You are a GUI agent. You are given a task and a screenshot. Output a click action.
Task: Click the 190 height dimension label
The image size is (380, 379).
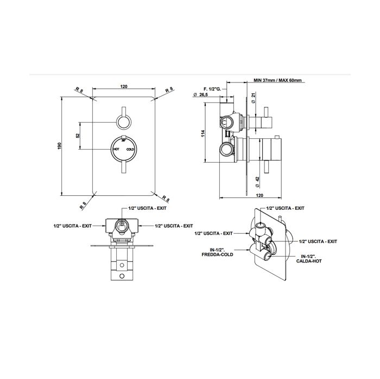click(x=59, y=146)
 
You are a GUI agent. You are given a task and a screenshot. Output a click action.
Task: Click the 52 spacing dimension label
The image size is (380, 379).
click(x=78, y=136)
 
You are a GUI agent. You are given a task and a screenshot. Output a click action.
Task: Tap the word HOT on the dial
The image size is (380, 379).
click(x=116, y=149)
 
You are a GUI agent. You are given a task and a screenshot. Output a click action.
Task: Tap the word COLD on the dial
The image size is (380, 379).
click(x=130, y=149)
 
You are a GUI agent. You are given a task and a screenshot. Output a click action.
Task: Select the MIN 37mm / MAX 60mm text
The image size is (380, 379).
click(x=277, y=80)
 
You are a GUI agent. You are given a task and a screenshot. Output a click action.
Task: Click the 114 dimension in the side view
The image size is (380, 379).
click(x=203, y=133)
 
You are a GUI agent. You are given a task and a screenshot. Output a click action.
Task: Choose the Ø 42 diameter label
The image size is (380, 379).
click(x=257, y=182)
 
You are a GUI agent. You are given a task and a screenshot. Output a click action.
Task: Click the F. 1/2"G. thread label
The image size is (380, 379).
click(x=212, y=89)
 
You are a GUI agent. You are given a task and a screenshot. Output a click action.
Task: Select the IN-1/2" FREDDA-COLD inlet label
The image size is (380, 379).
click(x=217, y=252)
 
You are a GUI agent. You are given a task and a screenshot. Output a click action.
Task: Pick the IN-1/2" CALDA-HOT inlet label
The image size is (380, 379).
click(x=309, y=259)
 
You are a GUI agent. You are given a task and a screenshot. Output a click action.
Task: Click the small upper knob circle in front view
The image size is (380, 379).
click(x=124, y=122)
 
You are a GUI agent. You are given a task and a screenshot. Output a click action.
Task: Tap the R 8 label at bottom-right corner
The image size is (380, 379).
click(x=166, y=198)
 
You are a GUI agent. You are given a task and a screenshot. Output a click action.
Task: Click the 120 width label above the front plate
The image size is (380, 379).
click(x=124, y=86)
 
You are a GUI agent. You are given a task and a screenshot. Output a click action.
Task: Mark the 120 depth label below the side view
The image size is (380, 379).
click(x=259, y=195)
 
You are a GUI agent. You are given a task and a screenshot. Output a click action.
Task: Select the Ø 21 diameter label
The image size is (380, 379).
click(x=254, y=99)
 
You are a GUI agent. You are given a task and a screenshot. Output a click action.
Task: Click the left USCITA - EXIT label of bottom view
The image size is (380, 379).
click(x=72, y=226)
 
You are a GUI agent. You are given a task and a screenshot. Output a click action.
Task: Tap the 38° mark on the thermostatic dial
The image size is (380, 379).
click(x=124, y=140)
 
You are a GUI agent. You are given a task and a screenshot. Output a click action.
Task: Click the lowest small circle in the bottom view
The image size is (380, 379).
click(x=122, y=275)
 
